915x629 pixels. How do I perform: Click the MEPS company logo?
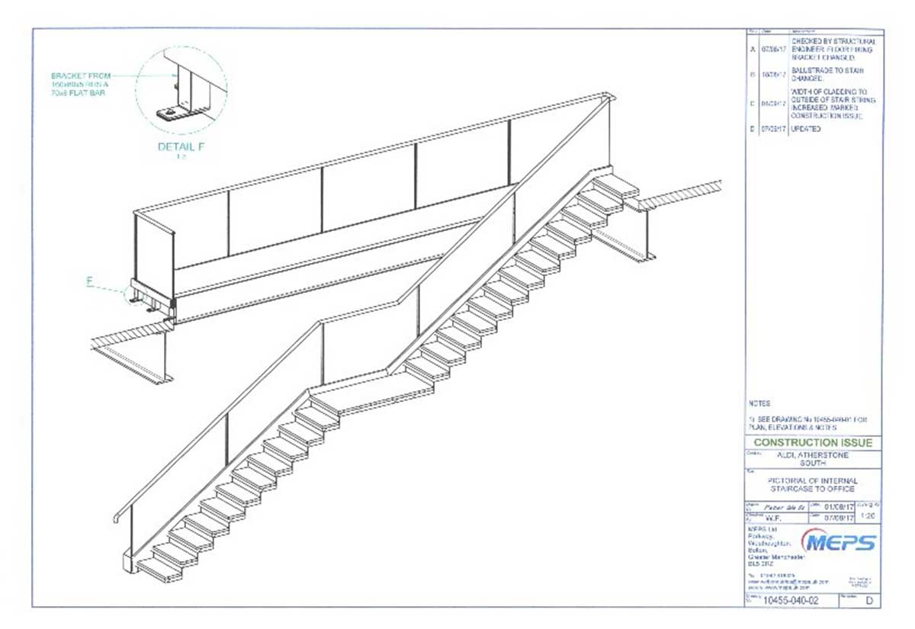(x=839, y=542)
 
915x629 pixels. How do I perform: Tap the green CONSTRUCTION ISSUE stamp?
(x=813, y=443)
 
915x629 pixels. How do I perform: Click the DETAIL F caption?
(x=181, y=146)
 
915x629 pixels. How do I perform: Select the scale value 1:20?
(x=867, y=516)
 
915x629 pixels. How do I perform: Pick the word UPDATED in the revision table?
(x=806, y=130)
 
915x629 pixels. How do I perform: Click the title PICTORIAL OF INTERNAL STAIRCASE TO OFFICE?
(x=813, y=485)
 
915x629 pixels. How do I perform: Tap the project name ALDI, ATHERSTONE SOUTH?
(x=813, y=458)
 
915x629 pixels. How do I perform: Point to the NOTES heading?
(x=759, y=403)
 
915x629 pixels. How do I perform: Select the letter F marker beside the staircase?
(x=89, y=281)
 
